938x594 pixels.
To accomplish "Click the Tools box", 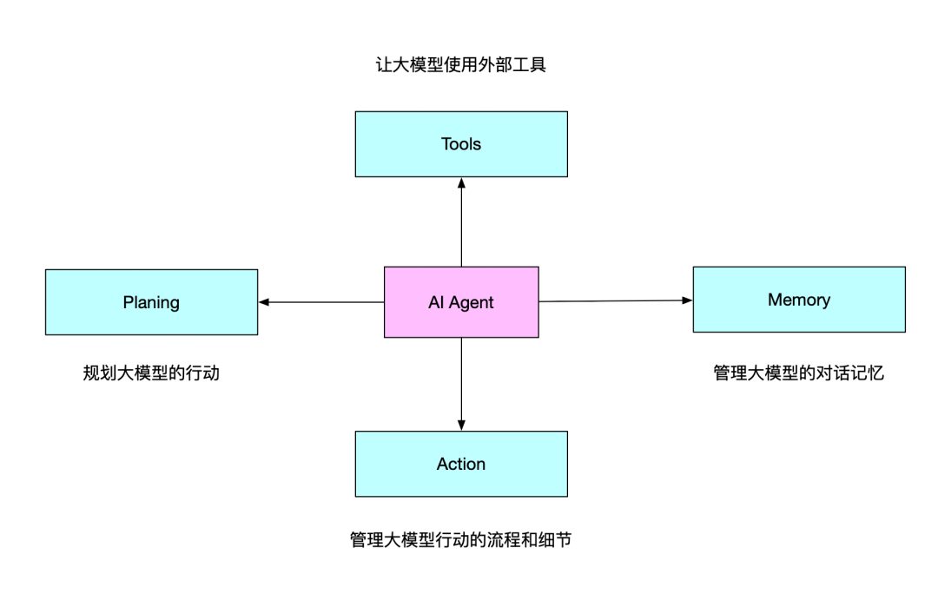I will tap(461, 161).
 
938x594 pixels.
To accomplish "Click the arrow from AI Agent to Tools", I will tap(461, 222).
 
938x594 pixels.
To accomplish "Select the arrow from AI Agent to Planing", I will tap(321, 302).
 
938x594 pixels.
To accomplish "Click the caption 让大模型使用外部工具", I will tap(461, 65).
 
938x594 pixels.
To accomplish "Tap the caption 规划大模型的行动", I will tap(151, 373).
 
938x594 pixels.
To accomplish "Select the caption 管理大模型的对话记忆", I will tap(799, 373).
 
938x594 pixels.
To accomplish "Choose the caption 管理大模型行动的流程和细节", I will tap(461, 540).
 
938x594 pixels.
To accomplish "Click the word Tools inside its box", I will tap(461, 144).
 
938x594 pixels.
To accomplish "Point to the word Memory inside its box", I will tap(799, 300).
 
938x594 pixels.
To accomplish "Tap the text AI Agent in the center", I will tap(461, 302).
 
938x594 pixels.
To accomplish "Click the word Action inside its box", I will tap(461, 464).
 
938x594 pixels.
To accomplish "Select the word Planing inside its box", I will tap(151, 302).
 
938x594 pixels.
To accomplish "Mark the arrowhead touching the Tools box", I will tap(461, 183).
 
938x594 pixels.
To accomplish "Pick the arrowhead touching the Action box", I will tap(461, 425).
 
